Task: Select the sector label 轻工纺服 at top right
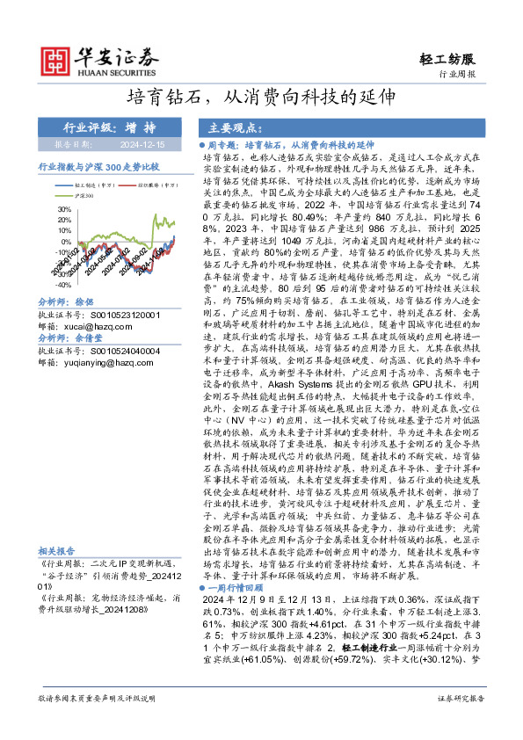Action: (452, 59)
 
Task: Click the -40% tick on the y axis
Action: (62, 285)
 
